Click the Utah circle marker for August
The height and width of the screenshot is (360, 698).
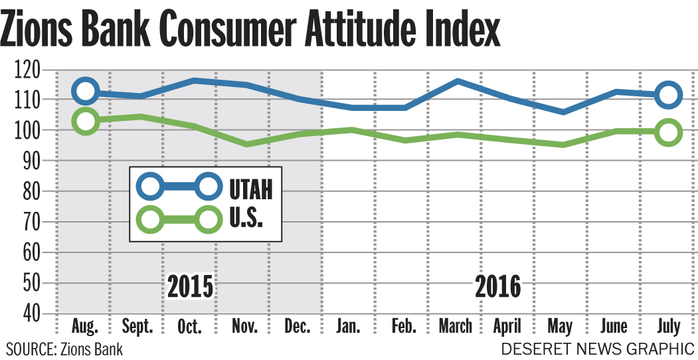(86, 91)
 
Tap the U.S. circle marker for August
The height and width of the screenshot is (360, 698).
(86, 121)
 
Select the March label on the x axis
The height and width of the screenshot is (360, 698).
(456, 327)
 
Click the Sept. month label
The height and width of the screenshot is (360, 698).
(138, 327)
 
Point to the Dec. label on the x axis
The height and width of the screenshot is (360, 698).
(296, 327)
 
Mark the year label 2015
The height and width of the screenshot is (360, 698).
(191, 286)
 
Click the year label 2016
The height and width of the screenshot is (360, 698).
(498, 286)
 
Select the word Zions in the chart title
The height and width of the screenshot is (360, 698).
(45, 31)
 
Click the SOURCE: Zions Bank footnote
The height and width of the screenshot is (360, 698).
(64, 348)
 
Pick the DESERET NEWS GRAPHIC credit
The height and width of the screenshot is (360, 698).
(598, 348)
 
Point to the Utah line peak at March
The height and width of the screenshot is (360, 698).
(457, 81)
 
